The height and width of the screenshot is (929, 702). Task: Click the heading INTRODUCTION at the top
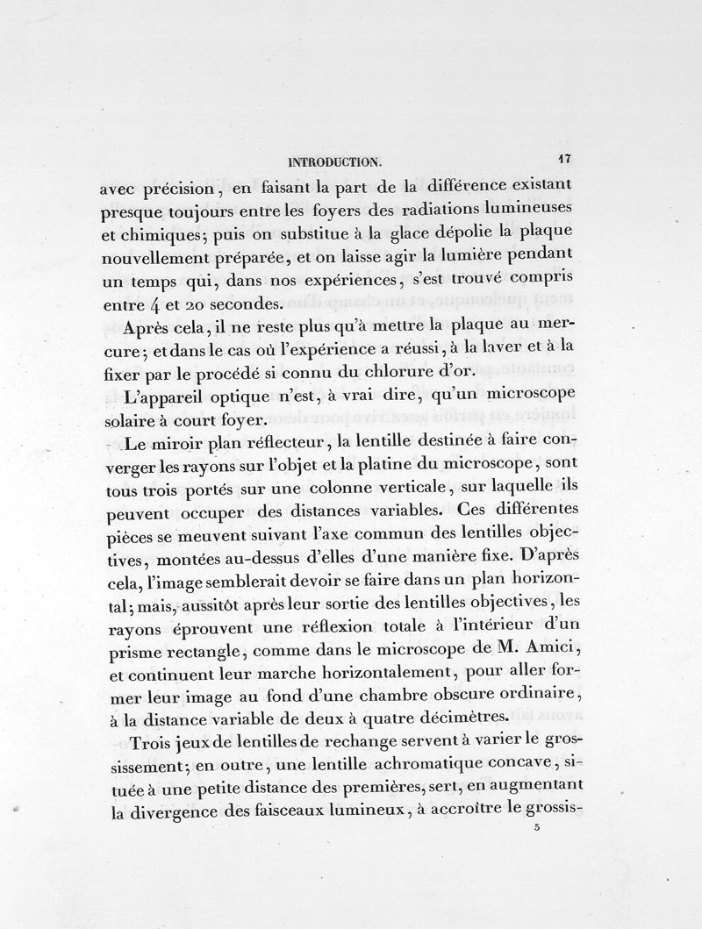tap(334, 161)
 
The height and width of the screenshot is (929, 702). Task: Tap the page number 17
tap(563, 159)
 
